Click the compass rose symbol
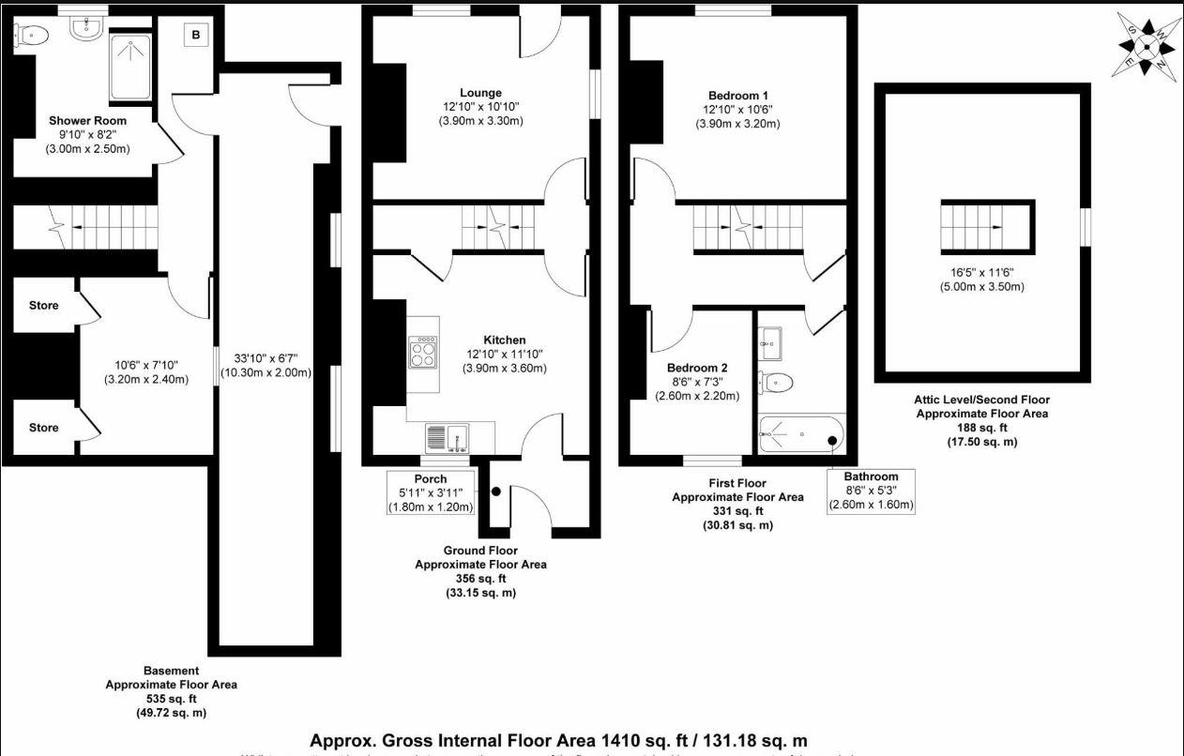(1147, 43)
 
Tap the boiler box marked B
(195, 36)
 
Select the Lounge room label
(480, 93)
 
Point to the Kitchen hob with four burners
(423, 353)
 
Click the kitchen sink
(448, 438)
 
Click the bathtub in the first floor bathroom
(801, 435)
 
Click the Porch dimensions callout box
(431, 493)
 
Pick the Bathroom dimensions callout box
(871, 491)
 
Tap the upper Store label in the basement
(43, 306)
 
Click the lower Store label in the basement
(43, 428)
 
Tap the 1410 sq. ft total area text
(559, 740)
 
